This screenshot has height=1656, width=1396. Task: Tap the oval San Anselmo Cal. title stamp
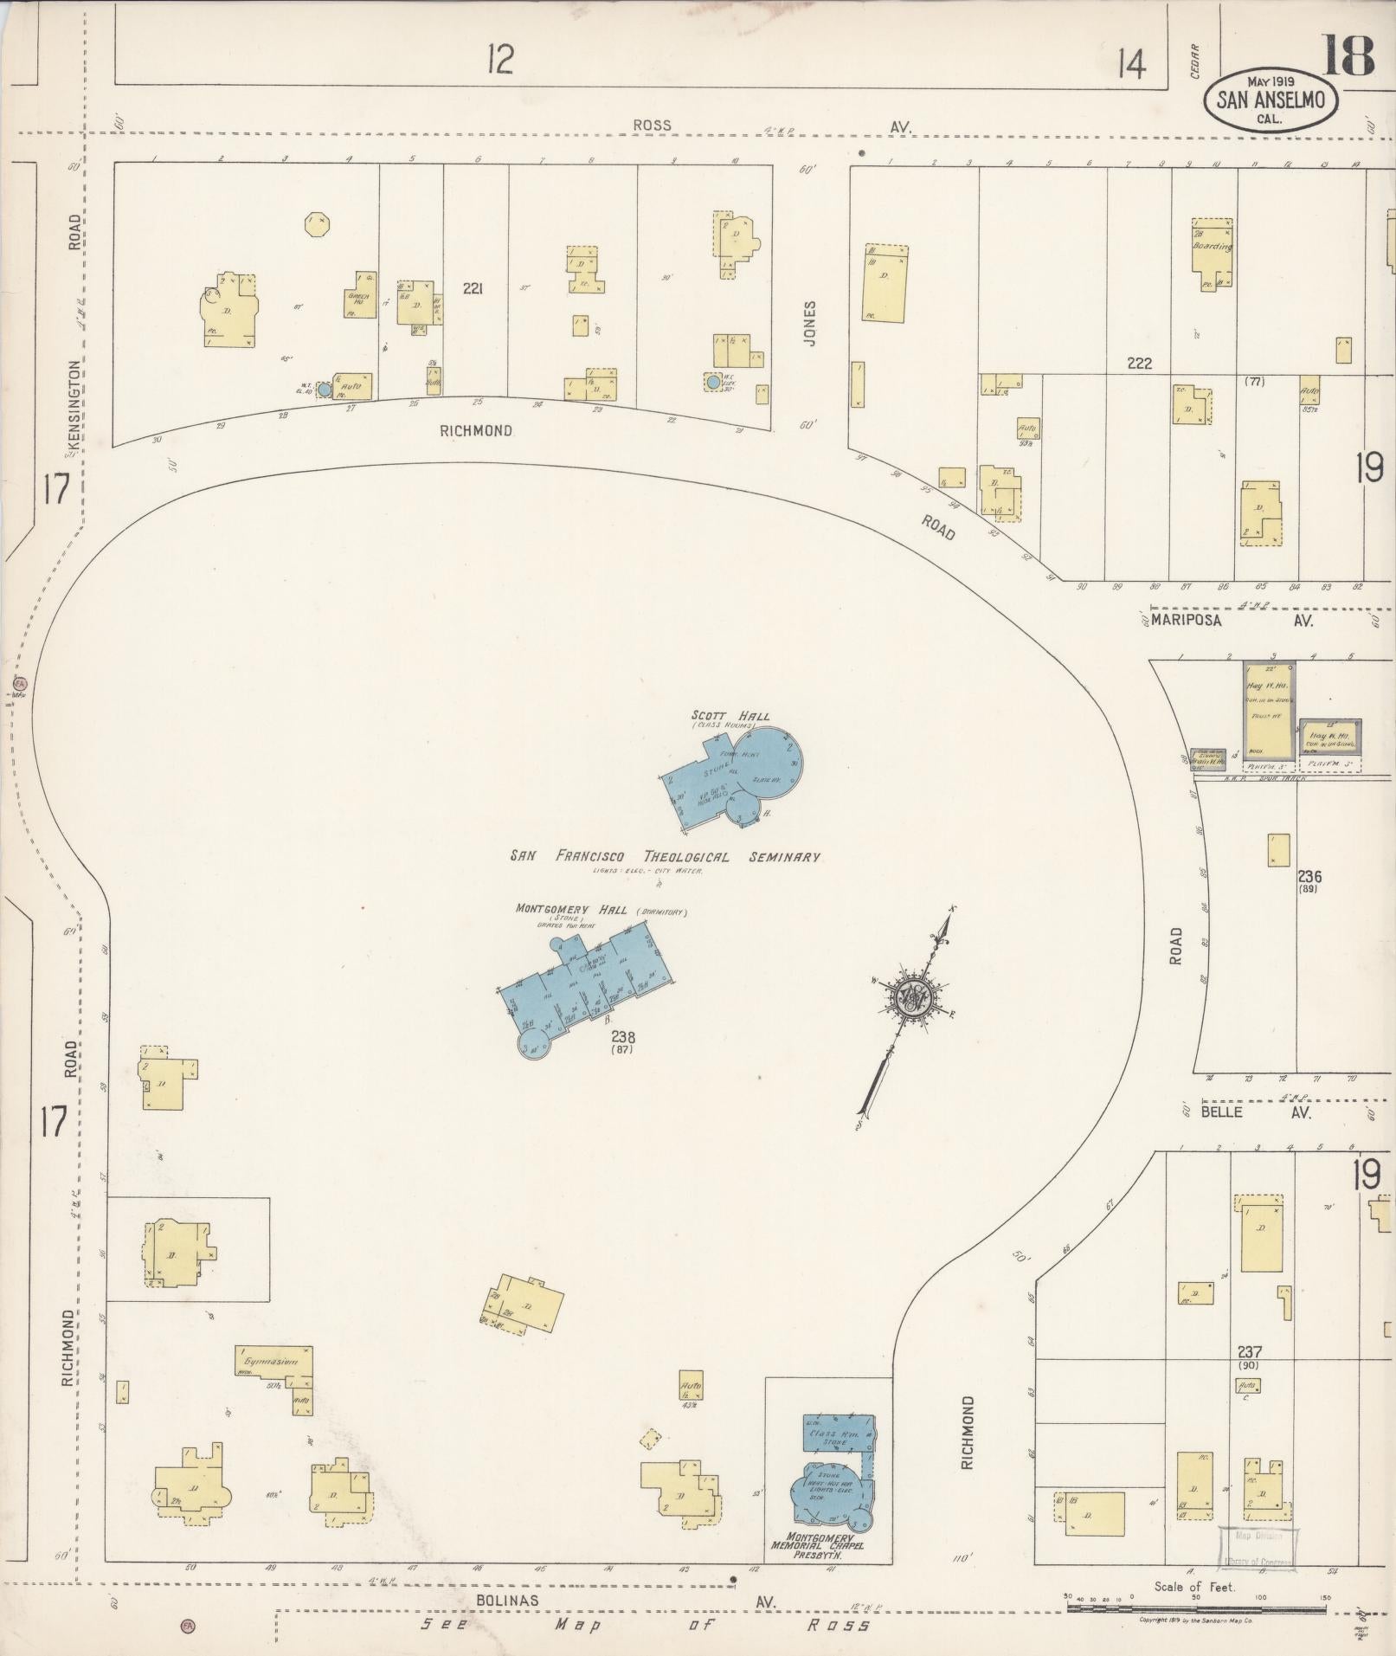[x=1271, y=100]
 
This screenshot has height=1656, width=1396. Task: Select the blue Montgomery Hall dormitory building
[x=589, y=979]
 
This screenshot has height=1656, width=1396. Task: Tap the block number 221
[x=472, y=288]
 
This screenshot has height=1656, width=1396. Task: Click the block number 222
[x=1139, y=364]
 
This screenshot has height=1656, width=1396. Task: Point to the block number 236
[x=1309, y=877]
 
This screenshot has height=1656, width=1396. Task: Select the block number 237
[x=1249, y=1351]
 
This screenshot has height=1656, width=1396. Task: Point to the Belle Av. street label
[x=1256, y=1112]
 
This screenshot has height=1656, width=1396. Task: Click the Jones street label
[x=810, y=324]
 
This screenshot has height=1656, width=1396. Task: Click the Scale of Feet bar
[x=1194, y=1608]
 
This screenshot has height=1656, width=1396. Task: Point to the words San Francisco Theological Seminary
[x=664, y=857]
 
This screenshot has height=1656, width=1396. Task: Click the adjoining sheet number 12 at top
[x=499, y=60]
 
